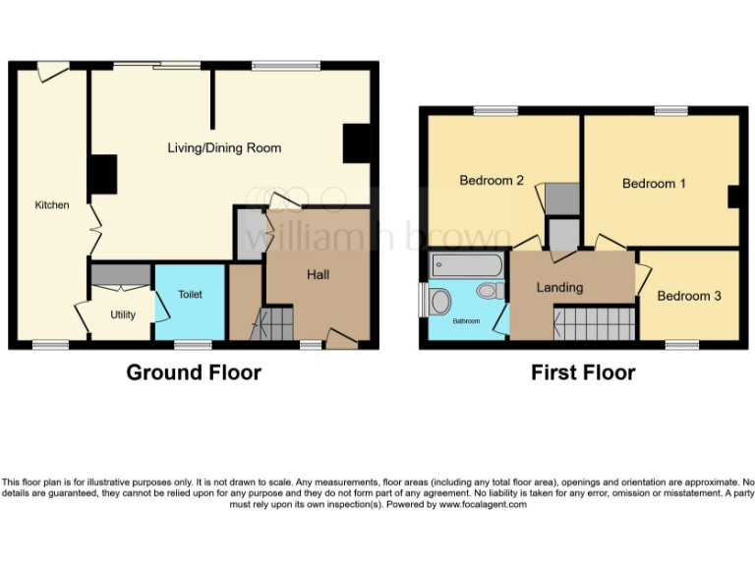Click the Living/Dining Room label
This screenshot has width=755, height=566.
pyautogui.click(x=224, y=148)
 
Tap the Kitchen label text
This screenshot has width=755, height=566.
pyautogui.click(x=52, y=205)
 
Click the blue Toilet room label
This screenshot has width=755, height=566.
pyautogui.click(x=190, y=294)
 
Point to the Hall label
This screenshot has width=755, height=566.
pyautogui.click(x=318, y=275)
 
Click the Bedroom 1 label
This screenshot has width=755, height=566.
pyautogui.click(x=654, y=184)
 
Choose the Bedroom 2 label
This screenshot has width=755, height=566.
pyautogui.click(x=492, y=180)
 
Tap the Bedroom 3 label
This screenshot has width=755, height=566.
pyautogui.click(x=689, y=296)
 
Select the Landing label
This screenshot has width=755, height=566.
pyautogui.click(x=559, y=288)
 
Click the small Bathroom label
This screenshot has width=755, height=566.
pyautogui.click(x=467, y=321)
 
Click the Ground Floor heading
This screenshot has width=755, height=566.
pyautogui.click(x=194, y=372)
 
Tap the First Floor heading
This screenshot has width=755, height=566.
pyautogui.click(x=583, y=372)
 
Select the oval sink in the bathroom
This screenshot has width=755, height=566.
pyautogui.click(x=440, y=301)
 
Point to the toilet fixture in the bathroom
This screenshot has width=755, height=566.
pyautogui.click(x=489, y=292)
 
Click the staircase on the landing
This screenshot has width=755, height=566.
pyautogui.click(x=594, y=322)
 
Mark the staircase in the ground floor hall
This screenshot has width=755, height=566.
pyautogui.click(x=272, y=323)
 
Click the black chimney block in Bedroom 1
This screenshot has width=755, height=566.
pyautogui.click(x=733, y=198)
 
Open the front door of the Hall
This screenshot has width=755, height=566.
pyautogui.click(x=341, y=339)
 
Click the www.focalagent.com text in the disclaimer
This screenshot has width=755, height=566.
pyautogui.click(x=483, y=504)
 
